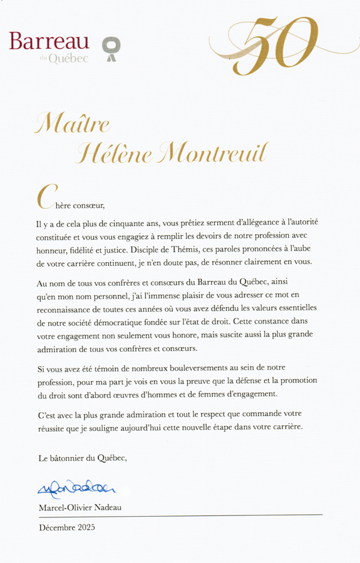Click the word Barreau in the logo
pos(49,42)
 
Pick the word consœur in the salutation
pos(83,205)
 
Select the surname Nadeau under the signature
pos(105,507)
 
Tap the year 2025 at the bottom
pos(85,527)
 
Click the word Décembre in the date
pos(56,527)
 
